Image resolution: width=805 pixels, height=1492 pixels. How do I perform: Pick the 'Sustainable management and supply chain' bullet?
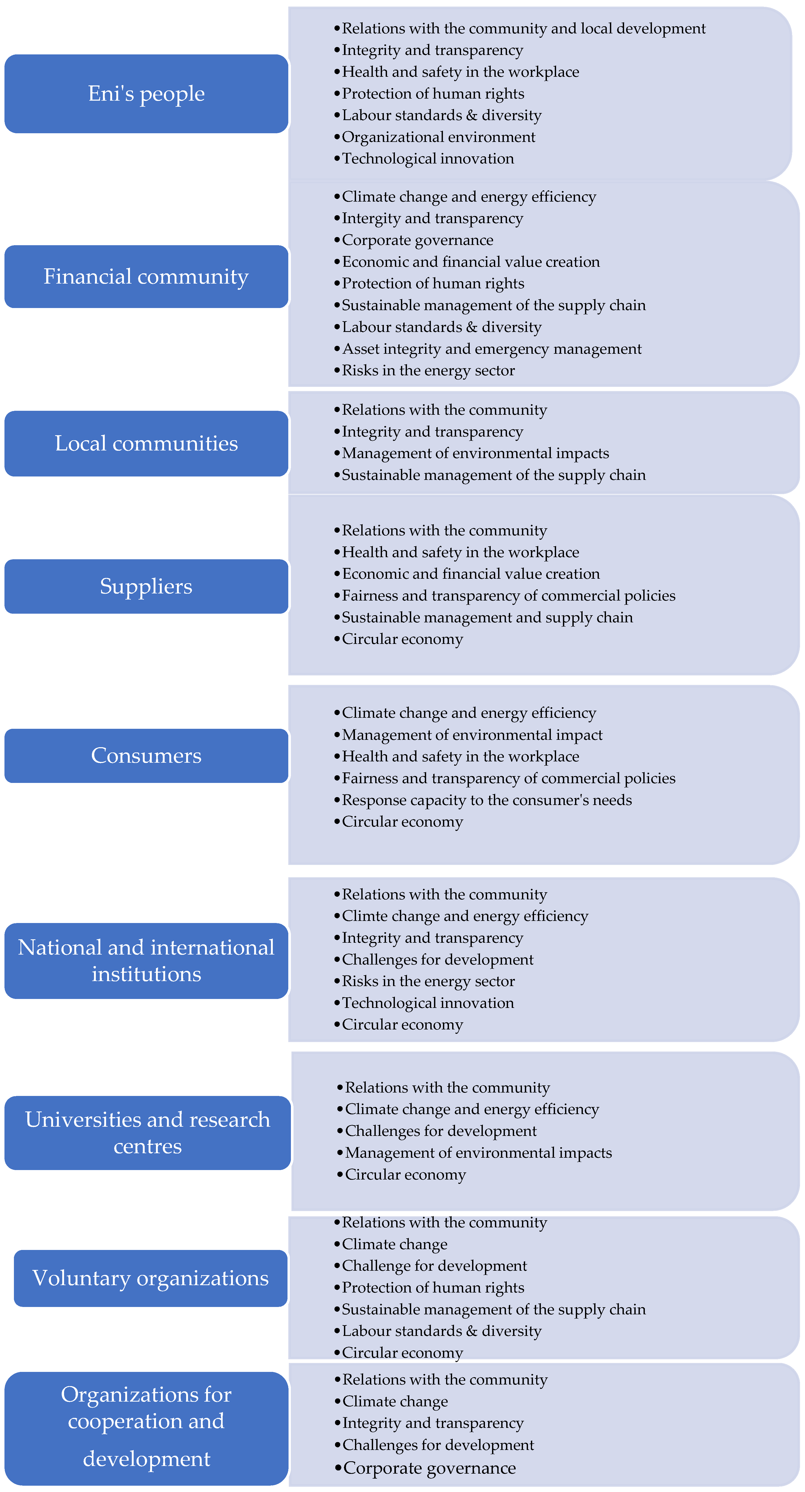point(487,617)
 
